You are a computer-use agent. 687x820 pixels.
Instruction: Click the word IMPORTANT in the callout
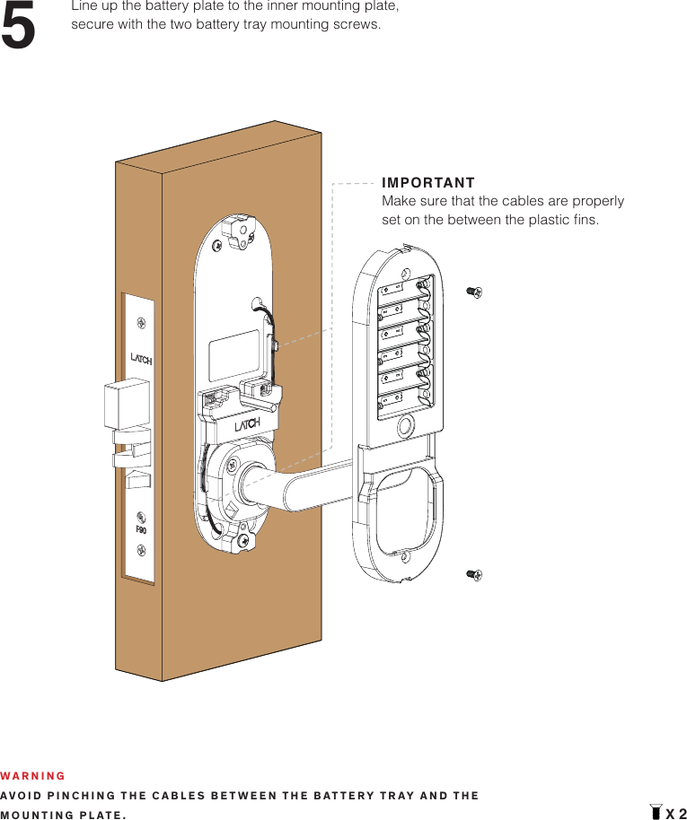click(428, 184)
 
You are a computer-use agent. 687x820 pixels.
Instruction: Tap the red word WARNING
click(33, 776)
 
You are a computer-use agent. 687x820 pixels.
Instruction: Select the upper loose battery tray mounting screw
click(474, 291)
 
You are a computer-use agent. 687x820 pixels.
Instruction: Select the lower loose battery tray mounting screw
click(474, 574)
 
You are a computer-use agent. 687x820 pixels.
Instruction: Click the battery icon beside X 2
click(656, 813)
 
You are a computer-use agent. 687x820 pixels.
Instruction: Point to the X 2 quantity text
click(675, 814)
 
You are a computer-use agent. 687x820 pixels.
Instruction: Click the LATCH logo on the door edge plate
click(141, 359)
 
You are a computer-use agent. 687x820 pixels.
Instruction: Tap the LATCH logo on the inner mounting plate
click(248, 424)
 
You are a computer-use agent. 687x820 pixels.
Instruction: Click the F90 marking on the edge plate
click(141, 529)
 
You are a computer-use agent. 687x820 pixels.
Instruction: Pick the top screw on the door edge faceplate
click(140, 322)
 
